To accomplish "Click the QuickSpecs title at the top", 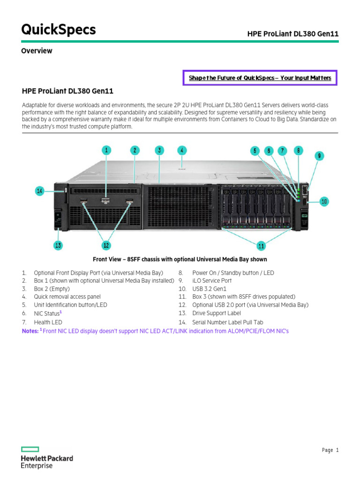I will tap(59, 30).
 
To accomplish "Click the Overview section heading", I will tap(37, 51).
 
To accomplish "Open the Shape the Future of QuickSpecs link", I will tap(260, 78).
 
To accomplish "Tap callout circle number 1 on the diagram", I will tap(107, 150).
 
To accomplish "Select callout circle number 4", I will tap(182, 150).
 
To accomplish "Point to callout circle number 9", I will tap(319, 156).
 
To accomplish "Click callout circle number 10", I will tap(324, 202).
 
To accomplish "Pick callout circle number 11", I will tap(261, 245).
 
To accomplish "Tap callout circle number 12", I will tap(106, 245).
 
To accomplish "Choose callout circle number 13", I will tap(58, 245).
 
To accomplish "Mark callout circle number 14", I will tap(40, 191).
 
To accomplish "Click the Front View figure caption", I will tap(180, 259).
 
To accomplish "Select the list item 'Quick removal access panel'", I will tap(67, 297).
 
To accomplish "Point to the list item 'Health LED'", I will tap(48, 322).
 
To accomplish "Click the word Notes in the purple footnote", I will tap(30, 331).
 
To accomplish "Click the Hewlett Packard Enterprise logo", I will tap(47, 457).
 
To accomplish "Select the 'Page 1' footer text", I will tap(330, 450).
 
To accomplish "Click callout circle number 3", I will tap(159, 150).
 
